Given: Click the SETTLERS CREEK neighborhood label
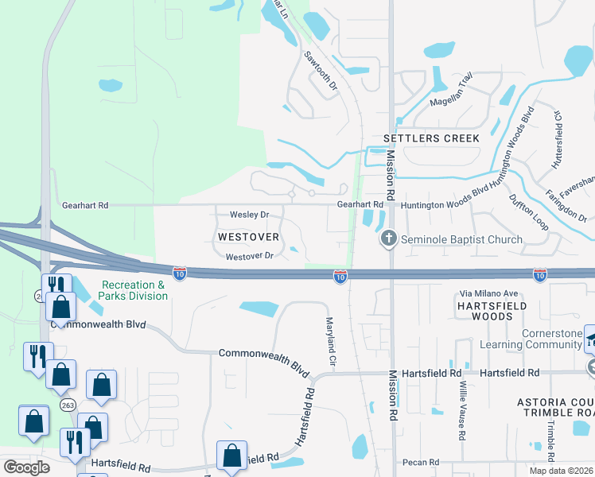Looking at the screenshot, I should (431, 138).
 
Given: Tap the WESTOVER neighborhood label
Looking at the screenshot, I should (248, 237).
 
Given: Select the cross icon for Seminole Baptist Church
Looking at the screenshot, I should (389, 238).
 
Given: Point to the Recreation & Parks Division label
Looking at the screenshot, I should (134, 290).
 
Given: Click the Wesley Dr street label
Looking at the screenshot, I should (250, 215).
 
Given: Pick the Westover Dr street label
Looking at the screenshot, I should (249, 256).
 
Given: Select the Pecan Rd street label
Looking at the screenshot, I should (422, 462).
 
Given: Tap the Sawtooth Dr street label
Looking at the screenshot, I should (321, 70).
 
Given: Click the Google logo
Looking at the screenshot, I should (26, 467).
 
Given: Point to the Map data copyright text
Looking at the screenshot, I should (561, 471).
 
